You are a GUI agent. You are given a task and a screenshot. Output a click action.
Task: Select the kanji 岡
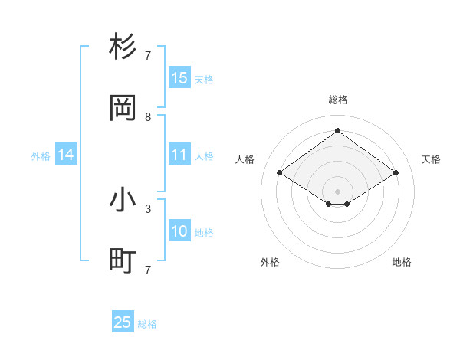click(123, 109)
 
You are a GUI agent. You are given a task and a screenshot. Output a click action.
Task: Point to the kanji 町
click(123, 262)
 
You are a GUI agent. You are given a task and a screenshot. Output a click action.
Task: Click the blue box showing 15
click(179, 78)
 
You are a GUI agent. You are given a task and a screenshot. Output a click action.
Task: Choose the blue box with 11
click(179, 155)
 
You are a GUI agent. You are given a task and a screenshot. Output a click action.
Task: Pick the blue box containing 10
click(179, 231)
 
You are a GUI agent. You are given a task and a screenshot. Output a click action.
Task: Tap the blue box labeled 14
click(66, 155)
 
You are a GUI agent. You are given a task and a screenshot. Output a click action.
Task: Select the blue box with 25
click(123, 322)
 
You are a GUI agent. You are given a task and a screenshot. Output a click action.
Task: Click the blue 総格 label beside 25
click(147, 324)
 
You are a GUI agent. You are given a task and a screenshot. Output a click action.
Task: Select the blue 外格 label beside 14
click(41, 156)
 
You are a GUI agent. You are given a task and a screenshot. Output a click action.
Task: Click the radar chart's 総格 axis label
click(337, 100)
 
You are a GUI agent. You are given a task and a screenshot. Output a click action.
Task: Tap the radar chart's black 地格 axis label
click(402, 262)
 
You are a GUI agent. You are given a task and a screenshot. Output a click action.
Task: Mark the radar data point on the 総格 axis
click(337, 130)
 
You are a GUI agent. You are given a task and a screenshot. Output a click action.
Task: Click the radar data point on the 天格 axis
click(396, 173)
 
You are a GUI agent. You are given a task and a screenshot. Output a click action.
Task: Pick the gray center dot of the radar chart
click(337, 191)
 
